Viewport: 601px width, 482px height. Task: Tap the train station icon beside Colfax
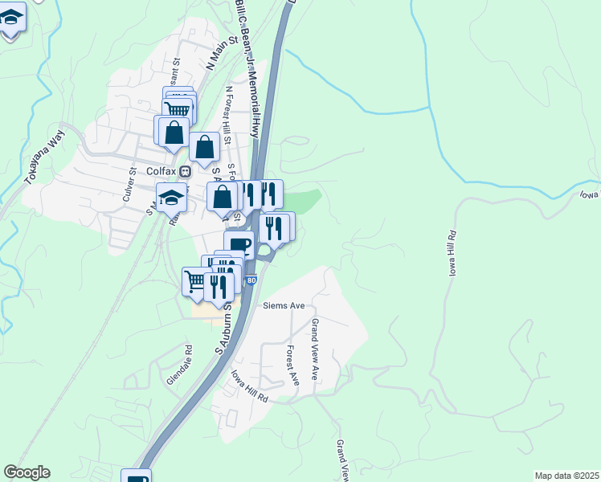pos(186,171)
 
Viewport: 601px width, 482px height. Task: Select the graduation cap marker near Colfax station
pos(172,197)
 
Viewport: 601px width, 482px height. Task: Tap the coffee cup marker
pos(239,244)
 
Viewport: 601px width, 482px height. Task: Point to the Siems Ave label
pos(284,306)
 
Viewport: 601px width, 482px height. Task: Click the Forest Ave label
pos(292,365)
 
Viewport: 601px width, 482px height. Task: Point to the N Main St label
pos(217,54)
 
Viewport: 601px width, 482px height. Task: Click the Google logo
pos(27,472)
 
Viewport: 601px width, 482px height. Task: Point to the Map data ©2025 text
pos(566,476)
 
